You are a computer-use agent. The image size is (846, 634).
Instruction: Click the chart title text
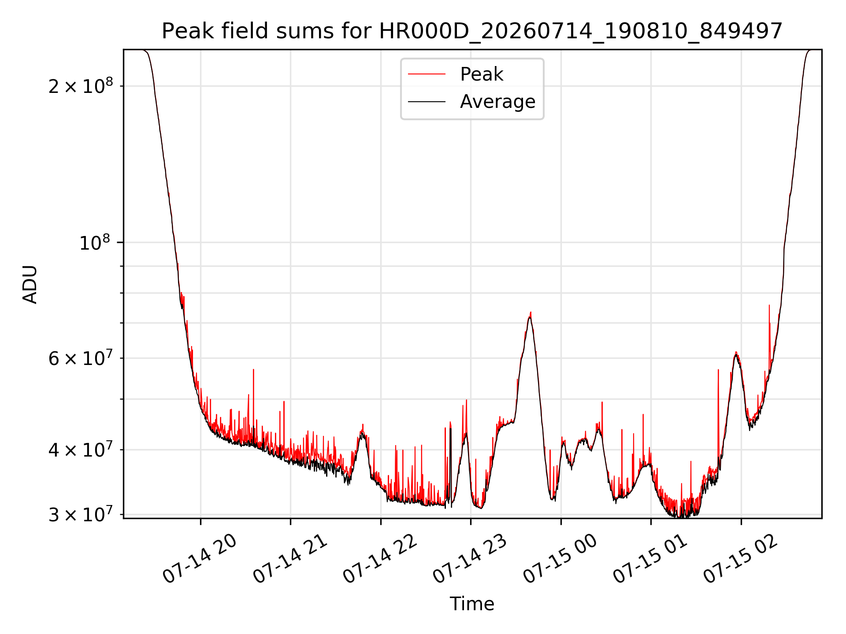click(x=472, y=31)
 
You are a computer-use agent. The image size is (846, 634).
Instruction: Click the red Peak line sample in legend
click(x=427, y=74)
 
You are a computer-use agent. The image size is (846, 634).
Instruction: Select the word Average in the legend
click(x=497, y=102)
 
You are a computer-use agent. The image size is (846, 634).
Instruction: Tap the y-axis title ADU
click(x=30, y=284)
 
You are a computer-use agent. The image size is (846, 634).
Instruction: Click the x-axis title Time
click(x=472, y=604)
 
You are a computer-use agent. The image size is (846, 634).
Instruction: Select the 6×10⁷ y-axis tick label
click(x=80, y=358)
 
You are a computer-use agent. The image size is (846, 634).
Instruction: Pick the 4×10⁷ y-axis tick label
click(x=80, y=450)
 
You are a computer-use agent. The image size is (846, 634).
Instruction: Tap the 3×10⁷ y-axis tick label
click(x=80, y=514)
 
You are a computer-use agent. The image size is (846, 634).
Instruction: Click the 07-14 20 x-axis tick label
click(x=200, y=559)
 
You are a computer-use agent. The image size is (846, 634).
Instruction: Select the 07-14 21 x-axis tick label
click(x=290, y=559)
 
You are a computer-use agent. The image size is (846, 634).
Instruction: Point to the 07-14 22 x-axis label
click(x=380, y=559)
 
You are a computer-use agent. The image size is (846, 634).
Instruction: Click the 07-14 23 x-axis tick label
click(x=470, y=559)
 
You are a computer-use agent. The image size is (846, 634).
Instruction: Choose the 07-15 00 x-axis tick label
click(x=560, y=559)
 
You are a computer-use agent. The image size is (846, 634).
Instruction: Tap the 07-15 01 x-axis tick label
click(x=650, y=559)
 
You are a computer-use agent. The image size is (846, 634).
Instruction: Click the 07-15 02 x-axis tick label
click(x=741, y=559)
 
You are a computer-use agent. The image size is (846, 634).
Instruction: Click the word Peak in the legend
click(x=482, y=74)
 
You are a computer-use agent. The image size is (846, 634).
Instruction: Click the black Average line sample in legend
click(x=427, y=102)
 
